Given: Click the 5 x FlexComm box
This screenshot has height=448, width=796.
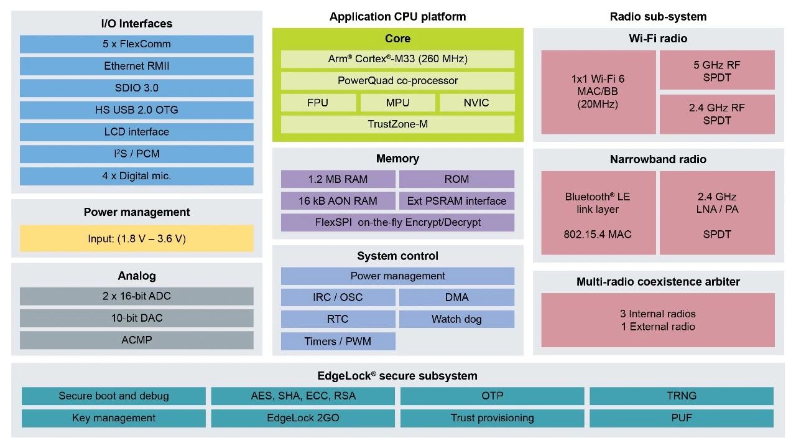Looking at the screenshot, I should coord(137,44).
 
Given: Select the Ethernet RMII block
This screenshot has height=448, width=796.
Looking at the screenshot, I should coord(137,66).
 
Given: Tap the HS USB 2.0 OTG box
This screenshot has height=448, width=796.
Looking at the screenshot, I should coord(137,110).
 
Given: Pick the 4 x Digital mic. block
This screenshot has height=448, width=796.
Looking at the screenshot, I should coord(137,176).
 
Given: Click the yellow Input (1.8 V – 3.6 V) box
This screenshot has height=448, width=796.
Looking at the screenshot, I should coord(137,238).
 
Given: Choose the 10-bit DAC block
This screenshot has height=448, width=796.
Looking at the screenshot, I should coord(137,318).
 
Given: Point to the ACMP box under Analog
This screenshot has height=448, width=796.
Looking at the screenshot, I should coord(137,340).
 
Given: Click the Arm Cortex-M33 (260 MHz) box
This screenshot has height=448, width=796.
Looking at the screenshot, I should coord(397,59).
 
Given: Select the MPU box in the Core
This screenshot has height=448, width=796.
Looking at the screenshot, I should coord(397,103).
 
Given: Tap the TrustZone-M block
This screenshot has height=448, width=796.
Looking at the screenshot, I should coord(397,124).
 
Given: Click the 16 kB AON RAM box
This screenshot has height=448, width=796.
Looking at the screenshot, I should coord(338,201).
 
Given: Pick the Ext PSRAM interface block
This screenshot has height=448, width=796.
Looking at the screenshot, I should coord(456,201).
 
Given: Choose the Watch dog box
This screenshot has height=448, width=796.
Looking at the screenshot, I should coord(456,319).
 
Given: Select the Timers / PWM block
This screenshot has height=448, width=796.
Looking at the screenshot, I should coord(338,341).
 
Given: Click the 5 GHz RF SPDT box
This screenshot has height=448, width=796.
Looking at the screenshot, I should coord(717,71).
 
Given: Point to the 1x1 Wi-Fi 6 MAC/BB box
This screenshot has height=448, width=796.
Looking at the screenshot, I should coord(598,91).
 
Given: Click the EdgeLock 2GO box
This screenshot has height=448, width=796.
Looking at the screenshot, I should coord(303,418).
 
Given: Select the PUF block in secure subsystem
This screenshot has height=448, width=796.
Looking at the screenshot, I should coord(682,418).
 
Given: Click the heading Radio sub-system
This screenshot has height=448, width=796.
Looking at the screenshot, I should coord(658,17).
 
